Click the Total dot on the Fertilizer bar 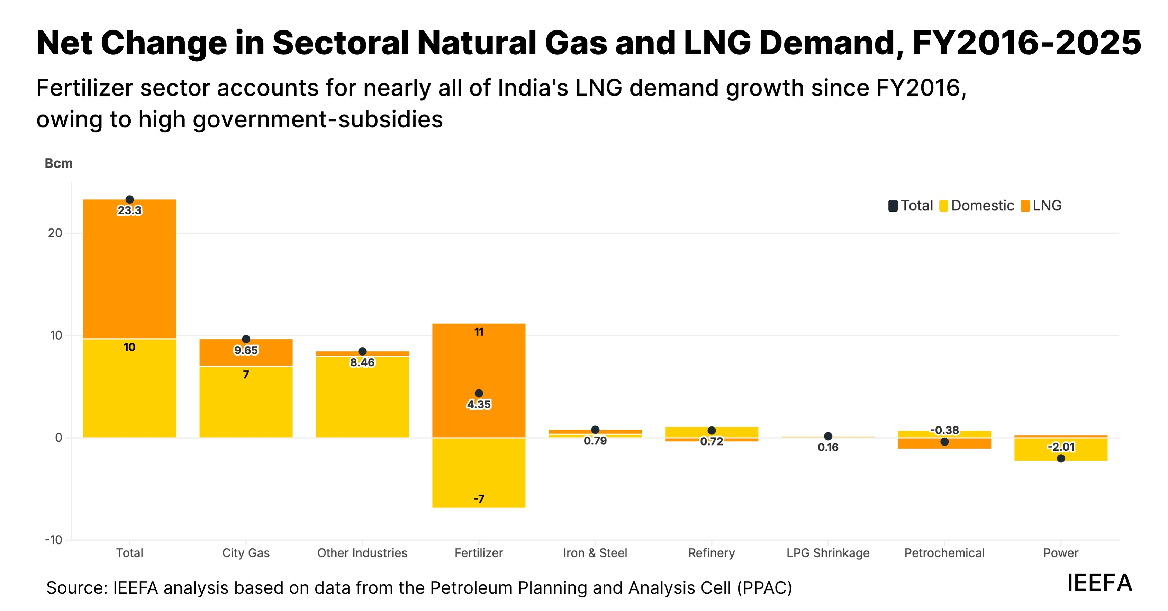479,393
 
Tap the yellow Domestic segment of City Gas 246,404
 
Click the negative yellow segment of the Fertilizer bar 479,472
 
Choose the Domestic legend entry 977,206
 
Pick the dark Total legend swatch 893,206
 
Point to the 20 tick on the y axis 55,233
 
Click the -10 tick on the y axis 54,540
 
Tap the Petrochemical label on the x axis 944,553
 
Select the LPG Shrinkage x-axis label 828,553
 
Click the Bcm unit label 58,163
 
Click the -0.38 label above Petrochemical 944,430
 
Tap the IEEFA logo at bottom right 1099,583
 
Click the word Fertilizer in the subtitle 84,88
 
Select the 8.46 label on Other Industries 362,362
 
